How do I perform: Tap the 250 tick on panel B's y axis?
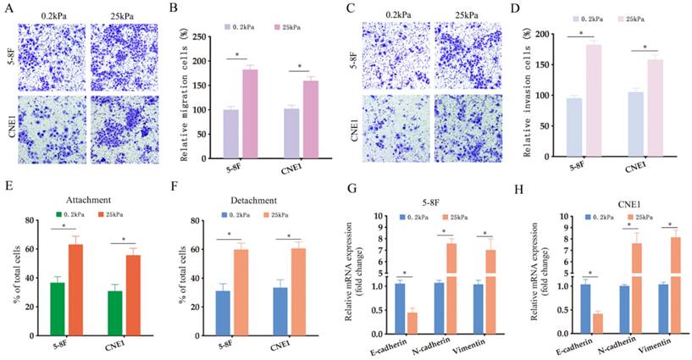200,37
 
